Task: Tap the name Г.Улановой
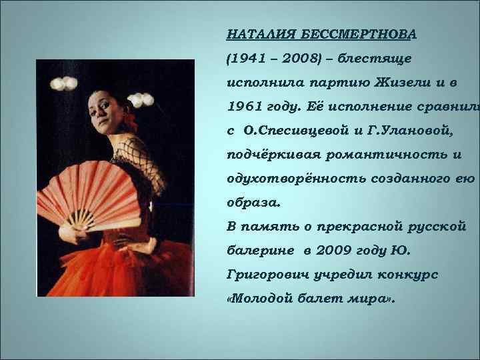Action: pyautogui.click(x=411, y=131)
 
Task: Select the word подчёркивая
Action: pyautogui.click(x=273, y=155)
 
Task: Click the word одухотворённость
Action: pyautogui.click(x=290, y=179)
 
